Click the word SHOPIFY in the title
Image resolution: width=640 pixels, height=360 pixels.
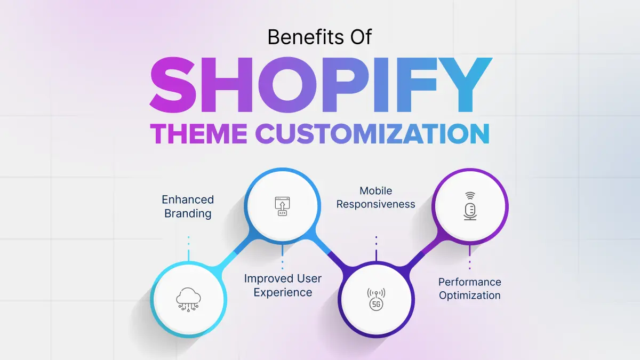tap(321, 85)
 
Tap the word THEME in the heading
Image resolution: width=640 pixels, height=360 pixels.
tap(199, 134)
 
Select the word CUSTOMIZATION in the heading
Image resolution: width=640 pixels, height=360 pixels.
tap(373, 134)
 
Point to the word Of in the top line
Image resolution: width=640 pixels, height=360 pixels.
tap(361, 37)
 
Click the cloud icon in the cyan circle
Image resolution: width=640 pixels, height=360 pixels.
tap(188, 299)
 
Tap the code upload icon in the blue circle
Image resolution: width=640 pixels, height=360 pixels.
tap(282, 206)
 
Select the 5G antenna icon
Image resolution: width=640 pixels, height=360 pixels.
tap(376, 299)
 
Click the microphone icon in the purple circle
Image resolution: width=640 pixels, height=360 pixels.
tap(470, 206)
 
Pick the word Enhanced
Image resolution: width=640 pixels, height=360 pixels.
tap(188, 199)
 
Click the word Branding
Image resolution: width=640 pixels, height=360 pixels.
tap(188, 213)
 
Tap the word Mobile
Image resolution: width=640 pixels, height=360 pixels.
tap(375, 190)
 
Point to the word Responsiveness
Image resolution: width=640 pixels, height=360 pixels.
tap(375, 204)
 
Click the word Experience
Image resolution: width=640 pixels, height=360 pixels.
tap(283, 292)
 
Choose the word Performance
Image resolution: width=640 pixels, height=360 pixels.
tap(470, 282)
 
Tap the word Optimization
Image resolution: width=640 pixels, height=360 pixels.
tap(470, 295)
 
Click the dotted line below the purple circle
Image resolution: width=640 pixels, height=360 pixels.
tap(470, 258)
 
